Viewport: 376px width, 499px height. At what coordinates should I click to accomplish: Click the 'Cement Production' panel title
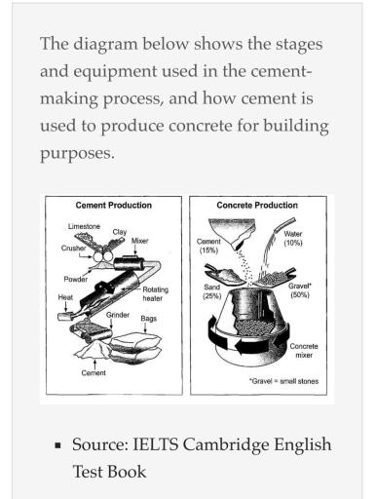click(114, 206)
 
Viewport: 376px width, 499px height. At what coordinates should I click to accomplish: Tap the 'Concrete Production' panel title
click(257, 206)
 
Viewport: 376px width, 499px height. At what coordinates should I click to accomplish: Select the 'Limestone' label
click(84, 226)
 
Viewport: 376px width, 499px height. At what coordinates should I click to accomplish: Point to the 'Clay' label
click(120, 232)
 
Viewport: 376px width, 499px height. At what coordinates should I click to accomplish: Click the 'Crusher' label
click(73, 249)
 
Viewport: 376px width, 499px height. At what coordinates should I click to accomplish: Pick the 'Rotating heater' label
click(156, 294)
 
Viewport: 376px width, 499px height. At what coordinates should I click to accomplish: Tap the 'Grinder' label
click(118, 315)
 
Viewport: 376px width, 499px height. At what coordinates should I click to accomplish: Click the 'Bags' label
click(149, 319)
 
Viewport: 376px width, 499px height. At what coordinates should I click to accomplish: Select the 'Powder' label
click(76, 280)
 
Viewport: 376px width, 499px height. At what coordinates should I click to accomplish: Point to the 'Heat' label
click(65, 297)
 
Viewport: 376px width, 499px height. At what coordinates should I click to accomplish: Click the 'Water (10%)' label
click(293, 238)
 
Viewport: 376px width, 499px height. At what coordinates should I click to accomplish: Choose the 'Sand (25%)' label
click(212, 291)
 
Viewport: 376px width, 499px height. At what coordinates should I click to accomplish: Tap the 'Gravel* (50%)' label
click(300, 290)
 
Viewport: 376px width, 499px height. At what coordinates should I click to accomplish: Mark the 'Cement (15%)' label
click(208, 246)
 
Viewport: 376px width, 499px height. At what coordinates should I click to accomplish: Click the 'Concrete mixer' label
click(304, 351)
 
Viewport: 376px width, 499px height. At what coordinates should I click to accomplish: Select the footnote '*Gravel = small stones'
click(284, 381)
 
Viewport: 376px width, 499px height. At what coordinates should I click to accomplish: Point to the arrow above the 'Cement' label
click(94, 364)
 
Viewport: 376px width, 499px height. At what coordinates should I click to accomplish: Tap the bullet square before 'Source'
click(57, 444)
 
